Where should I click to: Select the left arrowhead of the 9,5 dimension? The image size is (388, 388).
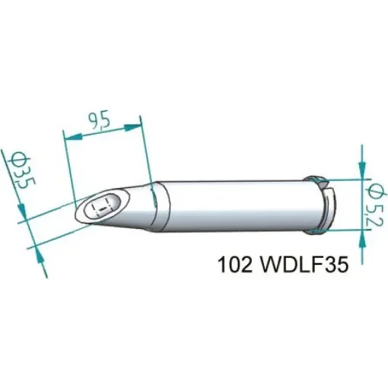pyautogui.click(x=68, y=137)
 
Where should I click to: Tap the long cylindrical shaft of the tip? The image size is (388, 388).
pyautogui.click(x=236, y=205)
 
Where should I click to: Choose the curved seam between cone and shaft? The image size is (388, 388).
pyautogui.click(x=156, y=205)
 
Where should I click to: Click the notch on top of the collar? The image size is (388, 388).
pyautogui.click(x=319, y=180)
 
